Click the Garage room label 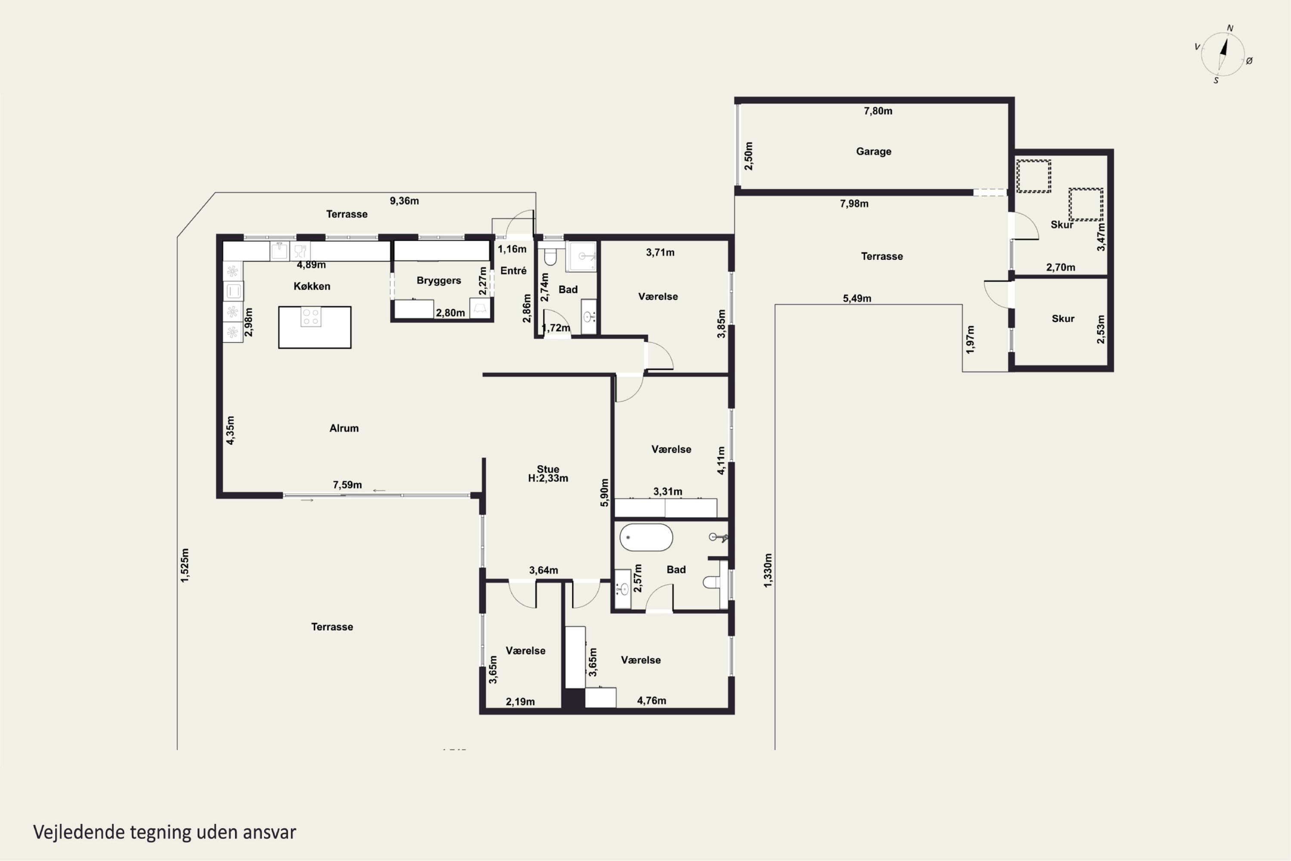[x=873, y=152]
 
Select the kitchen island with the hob [x=315, y=327]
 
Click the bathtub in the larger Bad [x=646, y=537]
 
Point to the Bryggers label [x=439, y=281]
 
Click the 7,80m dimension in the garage [x=878, y=111]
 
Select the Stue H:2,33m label [x=548, y=473]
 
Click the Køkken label [x=312, y=286]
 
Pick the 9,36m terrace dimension [x=404, y=201]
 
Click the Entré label [x=513, y=270]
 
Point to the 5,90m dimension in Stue [x=604, y=492]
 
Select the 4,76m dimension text [x=652, y=701]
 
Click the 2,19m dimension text [x=520, y=702]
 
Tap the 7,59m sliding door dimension [x=347, y=485]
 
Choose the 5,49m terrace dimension [x=857, y=299]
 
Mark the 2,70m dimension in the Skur [x=1060, y=267]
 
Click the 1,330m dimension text [x=768, y=570]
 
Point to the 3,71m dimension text [x=660, y=253]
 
